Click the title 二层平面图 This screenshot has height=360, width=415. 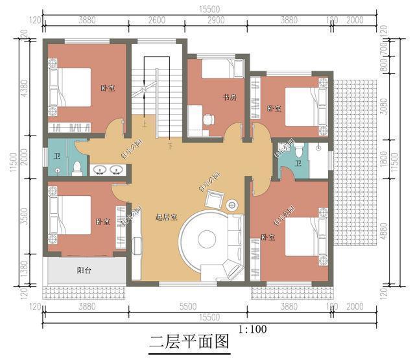[x=189, y=341]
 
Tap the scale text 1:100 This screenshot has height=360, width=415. [x=252, y=329]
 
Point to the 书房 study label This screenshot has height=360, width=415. [x=228, y=98]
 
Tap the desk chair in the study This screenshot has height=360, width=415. [x=209, y=120]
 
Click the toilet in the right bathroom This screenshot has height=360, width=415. [x=298, y=150]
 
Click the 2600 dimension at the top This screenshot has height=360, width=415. [x=157, y=21]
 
